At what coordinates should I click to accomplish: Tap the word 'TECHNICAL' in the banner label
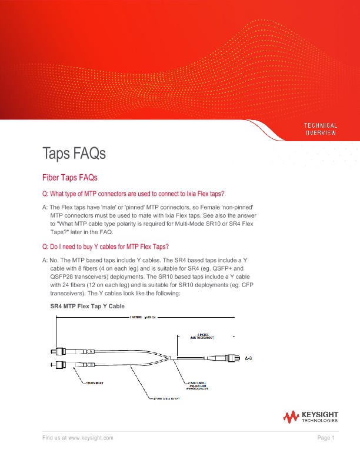click(321, 125)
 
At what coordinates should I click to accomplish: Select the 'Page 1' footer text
click(325, 438)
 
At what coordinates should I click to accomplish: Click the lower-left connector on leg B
click(59, 364)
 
